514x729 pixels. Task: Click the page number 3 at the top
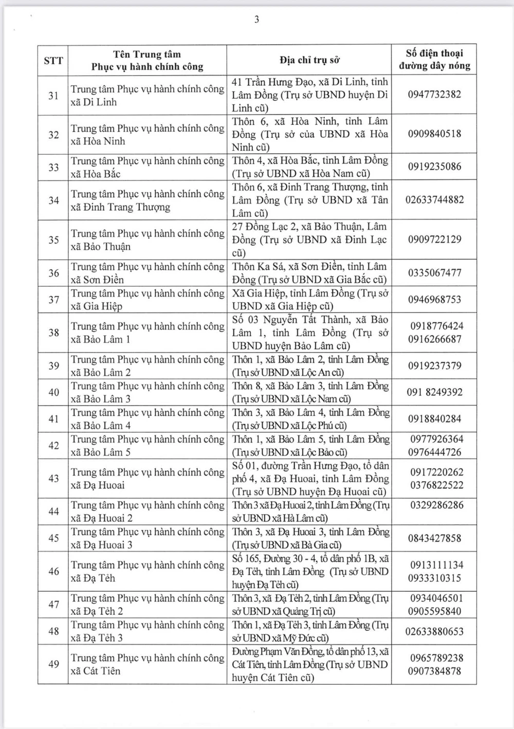click(256, 20)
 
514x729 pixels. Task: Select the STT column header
click(53, 60)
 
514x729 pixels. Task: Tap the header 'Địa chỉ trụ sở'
click(309, 60)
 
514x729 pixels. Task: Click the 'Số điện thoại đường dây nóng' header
click(434, 60)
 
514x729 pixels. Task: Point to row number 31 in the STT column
click(53, 96)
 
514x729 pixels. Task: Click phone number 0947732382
click(434, 95)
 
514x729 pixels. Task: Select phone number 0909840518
click(434, 134)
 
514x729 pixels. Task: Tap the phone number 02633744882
click(434, 200)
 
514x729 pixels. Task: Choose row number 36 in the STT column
click(53, 273)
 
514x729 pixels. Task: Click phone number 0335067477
click(434, 273)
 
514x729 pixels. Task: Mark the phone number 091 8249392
click(434, 392)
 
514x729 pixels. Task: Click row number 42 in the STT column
click(53, 446)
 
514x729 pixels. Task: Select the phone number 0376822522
click(436, 485)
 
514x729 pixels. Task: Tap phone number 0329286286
click(436, 505)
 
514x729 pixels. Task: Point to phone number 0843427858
click(434, 538)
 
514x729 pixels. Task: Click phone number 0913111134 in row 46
click(436, 565)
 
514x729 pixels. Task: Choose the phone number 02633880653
click(434, 631)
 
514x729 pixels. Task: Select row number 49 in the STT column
click(53, 664)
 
